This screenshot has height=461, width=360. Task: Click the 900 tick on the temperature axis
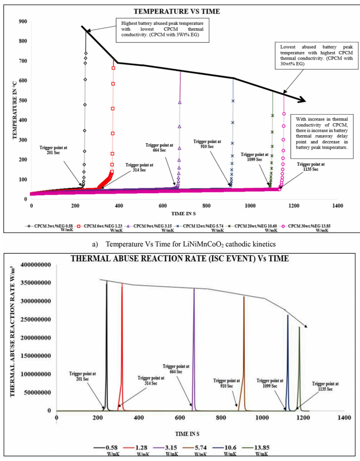point(22,22)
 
